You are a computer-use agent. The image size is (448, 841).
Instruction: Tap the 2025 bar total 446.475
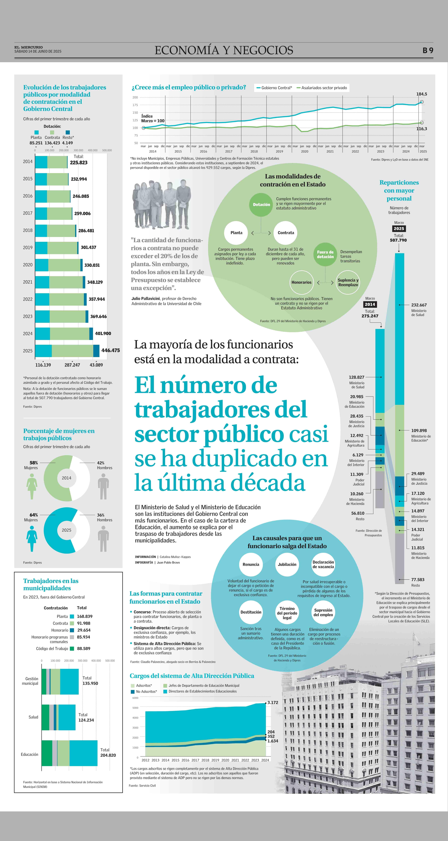[110, 350]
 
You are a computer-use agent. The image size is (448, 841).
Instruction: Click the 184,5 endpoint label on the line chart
[422, 94]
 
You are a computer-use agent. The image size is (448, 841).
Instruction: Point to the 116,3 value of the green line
[422, 129]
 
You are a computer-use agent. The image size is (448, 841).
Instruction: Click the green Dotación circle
[261, 205]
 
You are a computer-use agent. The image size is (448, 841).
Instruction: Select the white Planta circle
[236, 233]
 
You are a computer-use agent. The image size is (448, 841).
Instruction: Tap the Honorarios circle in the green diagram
[301, 282]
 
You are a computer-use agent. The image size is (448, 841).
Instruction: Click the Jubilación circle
[287, 564]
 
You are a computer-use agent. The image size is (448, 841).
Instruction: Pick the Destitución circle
[251, 612]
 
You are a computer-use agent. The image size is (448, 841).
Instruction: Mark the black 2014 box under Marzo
[370, 304]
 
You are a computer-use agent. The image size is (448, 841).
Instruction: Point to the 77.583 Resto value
[418, 580]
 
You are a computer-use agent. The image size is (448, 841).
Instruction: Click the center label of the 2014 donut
[67, 478]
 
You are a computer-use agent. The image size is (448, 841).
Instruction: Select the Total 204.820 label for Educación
[108, 753]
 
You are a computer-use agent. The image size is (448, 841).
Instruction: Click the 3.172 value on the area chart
[273, 702]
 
